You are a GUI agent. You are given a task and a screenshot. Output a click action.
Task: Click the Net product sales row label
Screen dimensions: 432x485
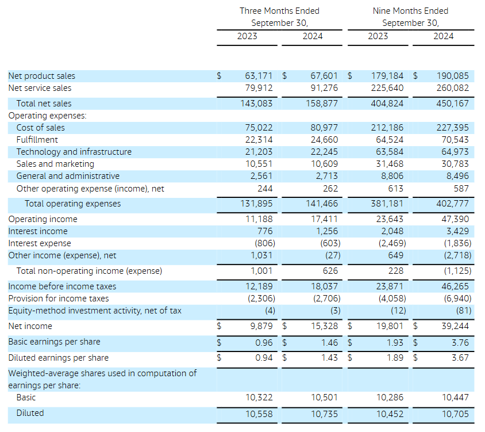[41, 76]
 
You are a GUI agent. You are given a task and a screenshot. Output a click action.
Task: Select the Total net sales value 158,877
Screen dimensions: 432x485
[322, 104]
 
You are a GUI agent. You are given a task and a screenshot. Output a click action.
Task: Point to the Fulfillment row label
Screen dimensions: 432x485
[37, 140]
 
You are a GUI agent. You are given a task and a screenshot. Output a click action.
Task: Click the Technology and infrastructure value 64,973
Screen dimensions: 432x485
[453, 152]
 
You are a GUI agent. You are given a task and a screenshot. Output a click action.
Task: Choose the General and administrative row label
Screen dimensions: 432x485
[68, 176]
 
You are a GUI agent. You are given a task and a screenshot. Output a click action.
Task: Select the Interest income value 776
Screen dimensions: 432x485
[264, 231]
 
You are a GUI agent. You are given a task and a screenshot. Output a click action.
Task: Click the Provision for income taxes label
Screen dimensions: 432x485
[58, 299]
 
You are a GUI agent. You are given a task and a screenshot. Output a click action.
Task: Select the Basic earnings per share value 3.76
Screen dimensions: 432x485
[460, 342]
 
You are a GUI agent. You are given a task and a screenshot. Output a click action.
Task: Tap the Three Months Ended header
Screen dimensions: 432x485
[279, 11]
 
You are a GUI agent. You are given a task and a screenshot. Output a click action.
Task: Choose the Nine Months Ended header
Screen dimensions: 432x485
[410, 11]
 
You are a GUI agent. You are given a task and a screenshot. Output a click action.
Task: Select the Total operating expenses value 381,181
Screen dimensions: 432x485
[387, 204]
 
